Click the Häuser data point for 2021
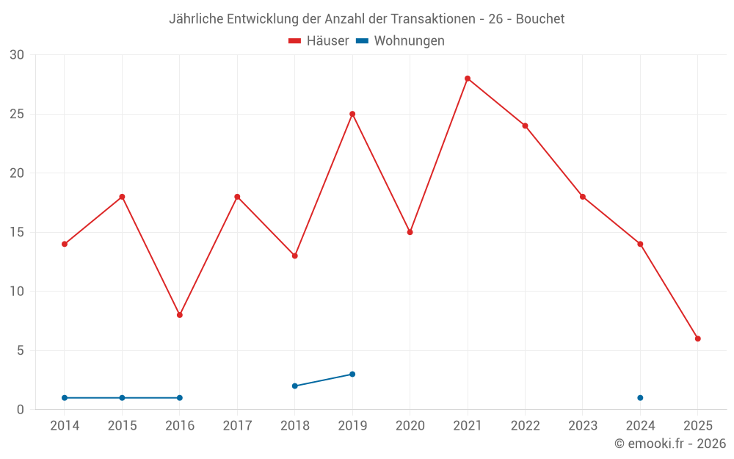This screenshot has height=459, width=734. pos(468,79)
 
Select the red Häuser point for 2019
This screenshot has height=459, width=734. pos(352,114)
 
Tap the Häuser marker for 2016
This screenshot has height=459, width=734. pos(180,315)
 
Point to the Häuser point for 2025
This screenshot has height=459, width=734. pos(698,339)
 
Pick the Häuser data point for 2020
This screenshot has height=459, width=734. pos(410,232)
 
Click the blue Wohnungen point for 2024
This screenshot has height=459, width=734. pos(640,398)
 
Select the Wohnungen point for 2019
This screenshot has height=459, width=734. pos(352,374)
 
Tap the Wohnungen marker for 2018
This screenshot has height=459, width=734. pos(294,386)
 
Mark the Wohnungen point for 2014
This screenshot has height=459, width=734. pos(65,398)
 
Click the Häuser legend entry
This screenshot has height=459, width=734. pos(319,41)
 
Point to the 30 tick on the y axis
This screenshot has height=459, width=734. pos(18,55)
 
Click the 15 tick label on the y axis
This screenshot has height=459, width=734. pos(18,232)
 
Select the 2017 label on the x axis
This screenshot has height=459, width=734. pos(237,426)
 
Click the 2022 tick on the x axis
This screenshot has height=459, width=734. pos(525,426)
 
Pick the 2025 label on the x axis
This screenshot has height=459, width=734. pos(698,426)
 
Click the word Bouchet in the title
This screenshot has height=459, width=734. pos(540,19)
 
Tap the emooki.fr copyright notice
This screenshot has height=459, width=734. pos(670,444)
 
